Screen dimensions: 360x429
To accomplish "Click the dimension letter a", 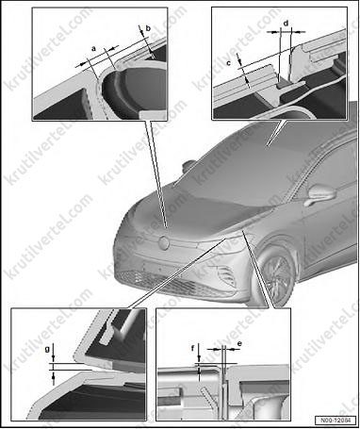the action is coord(93,49).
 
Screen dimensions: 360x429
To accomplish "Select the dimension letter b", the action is coord(148,28).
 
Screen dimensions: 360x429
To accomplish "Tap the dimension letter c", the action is coord(229,63).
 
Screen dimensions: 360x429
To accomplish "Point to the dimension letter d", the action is coord(286,24).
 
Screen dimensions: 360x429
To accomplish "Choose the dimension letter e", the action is coord(239,344).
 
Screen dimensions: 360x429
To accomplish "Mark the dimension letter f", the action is coord(193,348).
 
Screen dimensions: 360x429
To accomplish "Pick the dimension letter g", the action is coord(47,350).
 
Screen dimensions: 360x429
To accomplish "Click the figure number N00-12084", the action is coord(335,421).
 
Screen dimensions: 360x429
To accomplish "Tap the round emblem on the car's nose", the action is coord(164,243).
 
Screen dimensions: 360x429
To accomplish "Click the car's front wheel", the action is coord(278,273).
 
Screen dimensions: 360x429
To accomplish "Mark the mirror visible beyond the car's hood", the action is coord(189,166).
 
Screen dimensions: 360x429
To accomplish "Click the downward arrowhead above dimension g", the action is coord(54,358).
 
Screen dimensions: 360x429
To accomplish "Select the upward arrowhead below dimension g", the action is coord(54,374).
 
